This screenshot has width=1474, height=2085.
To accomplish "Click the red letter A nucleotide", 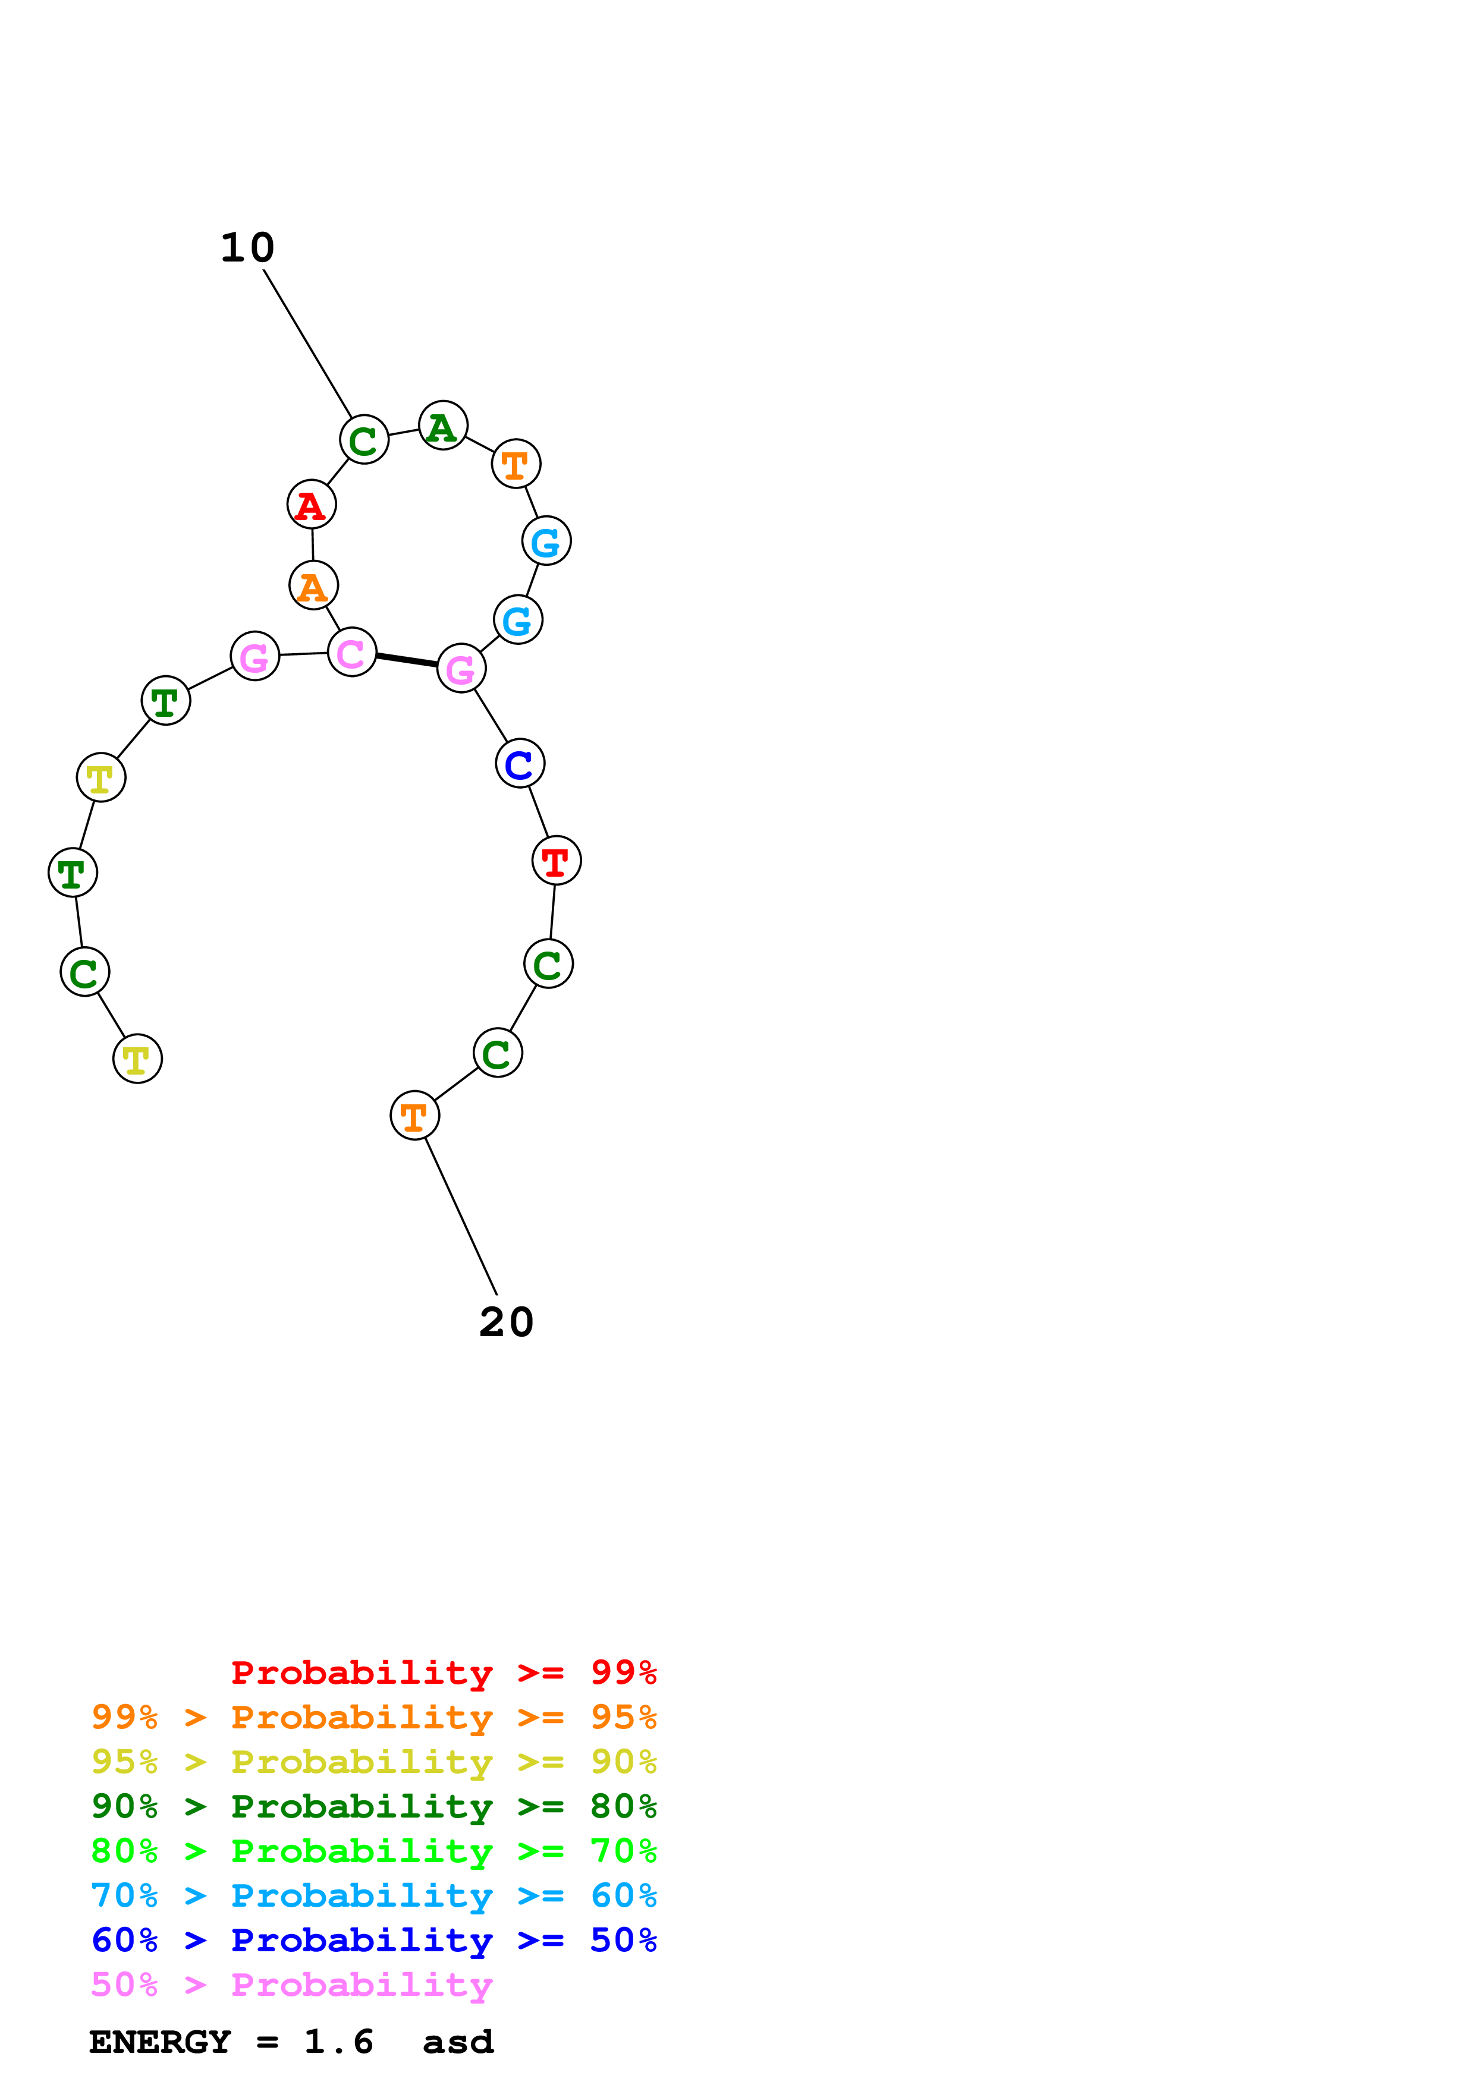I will pyautogui.click(x=312, y=504).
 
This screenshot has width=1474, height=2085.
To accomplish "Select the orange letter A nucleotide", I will pyautogui.click(x=313, y=585).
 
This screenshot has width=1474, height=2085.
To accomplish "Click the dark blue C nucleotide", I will pyautogui.click(x=520, y=764).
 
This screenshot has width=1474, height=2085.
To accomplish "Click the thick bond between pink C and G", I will pyautogui.click(x=406, y=660).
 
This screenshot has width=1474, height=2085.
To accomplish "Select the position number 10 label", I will pyautogui.click(x=247, y=248).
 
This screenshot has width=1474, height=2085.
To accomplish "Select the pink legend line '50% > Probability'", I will pyautogui.click(x=291, y=1985).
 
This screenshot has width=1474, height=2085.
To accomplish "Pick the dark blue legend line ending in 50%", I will pyautogui.click(x=373, y=1941).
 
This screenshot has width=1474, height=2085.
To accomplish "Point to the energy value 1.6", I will pyautogui.click(x=338, y=2042).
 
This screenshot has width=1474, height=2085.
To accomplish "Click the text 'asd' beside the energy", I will pyautogui.click(x=458, y=2042).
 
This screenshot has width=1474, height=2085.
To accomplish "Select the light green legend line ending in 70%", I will pyautogui.click(x=373, y=1851).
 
